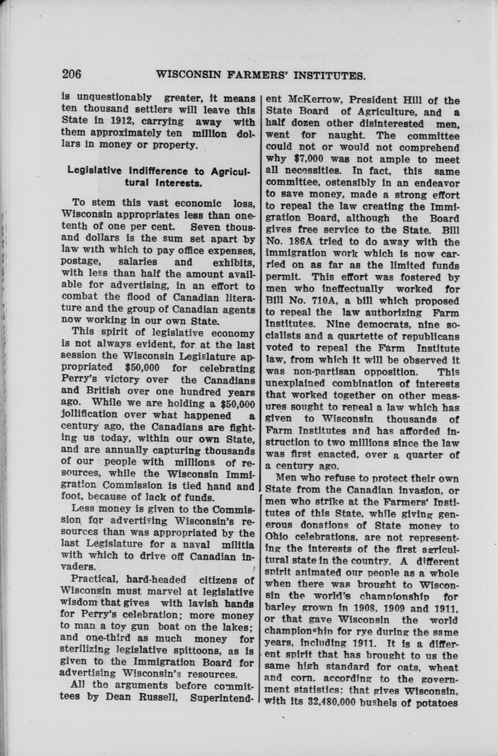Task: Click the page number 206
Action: [72, 74]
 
